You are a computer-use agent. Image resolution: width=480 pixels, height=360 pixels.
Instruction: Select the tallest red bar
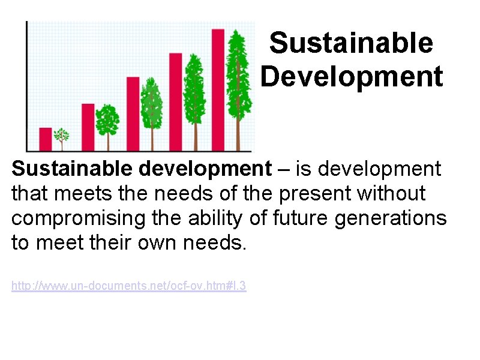click(218, 90)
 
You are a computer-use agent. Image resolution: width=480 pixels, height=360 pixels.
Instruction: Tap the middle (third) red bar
click(133, 113)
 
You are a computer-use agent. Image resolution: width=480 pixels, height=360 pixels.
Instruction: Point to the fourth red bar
click(175, 101)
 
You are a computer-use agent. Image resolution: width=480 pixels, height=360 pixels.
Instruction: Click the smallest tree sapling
click(62, 137)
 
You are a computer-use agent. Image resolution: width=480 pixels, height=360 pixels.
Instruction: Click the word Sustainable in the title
click(351, 43)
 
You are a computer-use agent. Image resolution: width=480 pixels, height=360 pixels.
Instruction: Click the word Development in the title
click(352, 77)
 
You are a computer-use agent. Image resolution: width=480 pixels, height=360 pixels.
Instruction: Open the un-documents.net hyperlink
click(128, 287)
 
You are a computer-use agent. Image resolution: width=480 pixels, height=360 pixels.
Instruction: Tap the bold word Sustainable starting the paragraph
click(73, 169)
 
